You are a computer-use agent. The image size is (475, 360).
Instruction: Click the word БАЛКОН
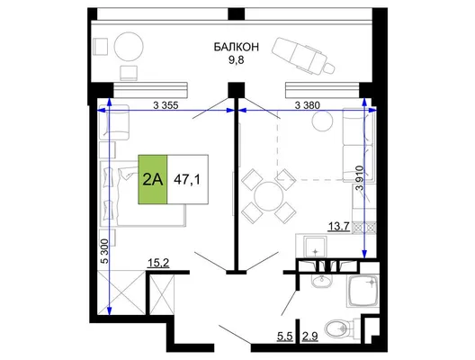tap(237, 47)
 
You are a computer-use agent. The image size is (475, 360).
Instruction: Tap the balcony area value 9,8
tap(236, 60)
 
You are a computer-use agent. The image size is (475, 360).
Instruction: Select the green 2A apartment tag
tap(153, 179)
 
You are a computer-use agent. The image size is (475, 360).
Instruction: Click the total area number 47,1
tap(187, 180)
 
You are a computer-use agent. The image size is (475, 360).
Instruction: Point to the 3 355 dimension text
tap(166, 105)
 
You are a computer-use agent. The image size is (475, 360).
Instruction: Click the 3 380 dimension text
tap(307, 105)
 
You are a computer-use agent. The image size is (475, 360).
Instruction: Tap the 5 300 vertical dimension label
tap(105, 251)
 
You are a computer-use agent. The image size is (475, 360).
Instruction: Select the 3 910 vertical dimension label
tap(359, 177)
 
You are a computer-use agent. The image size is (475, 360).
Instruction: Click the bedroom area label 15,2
tap(158, 263)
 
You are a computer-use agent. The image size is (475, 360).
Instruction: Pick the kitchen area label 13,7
tap(339, 227)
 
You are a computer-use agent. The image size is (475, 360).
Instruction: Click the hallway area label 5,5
tap(285, 337)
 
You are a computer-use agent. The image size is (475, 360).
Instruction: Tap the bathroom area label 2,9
tap(309, 337)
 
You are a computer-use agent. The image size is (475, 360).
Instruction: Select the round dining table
tap(269, 196)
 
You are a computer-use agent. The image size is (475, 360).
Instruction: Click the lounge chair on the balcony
tap(303, 55)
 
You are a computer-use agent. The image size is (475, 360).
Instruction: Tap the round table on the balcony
tap(129, 47)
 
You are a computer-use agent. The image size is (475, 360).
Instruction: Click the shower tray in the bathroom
tap(363, 291)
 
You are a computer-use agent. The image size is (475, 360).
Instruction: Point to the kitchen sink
tap(316, 247)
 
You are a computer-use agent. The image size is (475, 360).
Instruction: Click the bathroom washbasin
tap(322, 281)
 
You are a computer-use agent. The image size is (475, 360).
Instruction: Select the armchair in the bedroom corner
tap(114, 122)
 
